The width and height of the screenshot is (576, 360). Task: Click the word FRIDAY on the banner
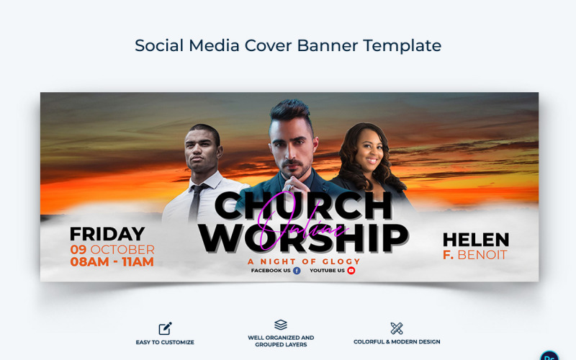point(107,234)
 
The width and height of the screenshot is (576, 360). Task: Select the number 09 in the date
point(78,249)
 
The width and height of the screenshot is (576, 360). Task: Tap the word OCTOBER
point(122,249)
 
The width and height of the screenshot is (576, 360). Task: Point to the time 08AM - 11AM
point(112,262)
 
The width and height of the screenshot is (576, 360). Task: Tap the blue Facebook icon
point(297,271)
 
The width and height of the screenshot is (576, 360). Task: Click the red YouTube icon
point(351,271)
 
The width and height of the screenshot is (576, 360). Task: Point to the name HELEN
point(475,240)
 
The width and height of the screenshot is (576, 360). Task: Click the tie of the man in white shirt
point(195,202)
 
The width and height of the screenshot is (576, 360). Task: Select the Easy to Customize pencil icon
point(165,328)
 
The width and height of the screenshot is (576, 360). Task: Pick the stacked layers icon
point(281,325)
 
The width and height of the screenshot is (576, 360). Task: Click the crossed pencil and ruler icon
point(396,328)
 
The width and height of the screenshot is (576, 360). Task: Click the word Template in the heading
point(402,45)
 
